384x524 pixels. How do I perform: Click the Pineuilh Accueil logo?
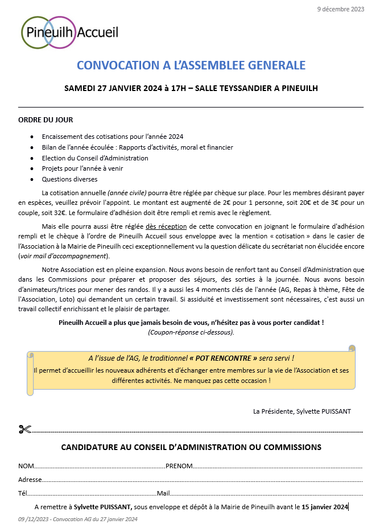click(x=70, y=32)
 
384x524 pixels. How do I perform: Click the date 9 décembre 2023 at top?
click(x=341, y=9)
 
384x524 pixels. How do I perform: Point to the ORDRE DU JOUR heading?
click(x=46, y=120)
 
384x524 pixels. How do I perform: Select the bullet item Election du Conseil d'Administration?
click(x=95, y=158)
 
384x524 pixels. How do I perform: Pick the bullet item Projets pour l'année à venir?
click(x=82, y=168)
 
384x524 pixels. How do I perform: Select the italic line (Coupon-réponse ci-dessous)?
click(x=191, y=332)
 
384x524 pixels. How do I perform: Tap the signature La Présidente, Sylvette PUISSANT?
click(x=302, y=411)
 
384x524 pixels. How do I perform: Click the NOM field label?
click(x=26, y=466)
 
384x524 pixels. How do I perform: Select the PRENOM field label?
click(x=179, y=466)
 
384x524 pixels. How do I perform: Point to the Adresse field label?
click(x=30, y=480)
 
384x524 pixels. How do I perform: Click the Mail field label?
click(x=163, y=493)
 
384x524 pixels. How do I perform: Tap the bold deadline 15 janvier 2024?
click(x=325, y=506)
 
